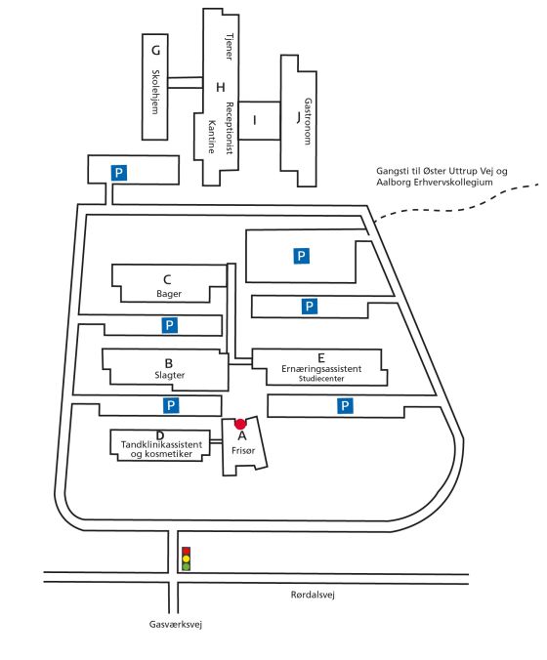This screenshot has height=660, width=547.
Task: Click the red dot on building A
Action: click(240, 424)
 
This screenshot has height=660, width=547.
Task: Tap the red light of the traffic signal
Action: click(187, 551)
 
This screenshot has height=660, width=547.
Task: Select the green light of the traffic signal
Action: click(187, 566)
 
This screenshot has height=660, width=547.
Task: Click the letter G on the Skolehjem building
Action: click(156, 51)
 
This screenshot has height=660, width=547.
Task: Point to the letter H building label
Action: click(220, 87)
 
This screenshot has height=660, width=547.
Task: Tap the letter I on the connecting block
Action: click(254, 120)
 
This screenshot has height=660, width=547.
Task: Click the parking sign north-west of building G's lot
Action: click(119, 173)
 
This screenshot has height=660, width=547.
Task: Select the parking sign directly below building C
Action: click(170, 325)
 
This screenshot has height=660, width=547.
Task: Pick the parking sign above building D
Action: click(171, 405)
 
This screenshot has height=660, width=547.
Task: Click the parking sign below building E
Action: click(345, 406)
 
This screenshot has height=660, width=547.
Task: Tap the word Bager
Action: click(169, 294)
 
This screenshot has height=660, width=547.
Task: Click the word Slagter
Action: click(169, 375)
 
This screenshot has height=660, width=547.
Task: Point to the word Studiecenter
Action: click(321, 379)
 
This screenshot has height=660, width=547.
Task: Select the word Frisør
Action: click(243, 450)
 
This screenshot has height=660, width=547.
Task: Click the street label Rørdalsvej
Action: click(313, 595)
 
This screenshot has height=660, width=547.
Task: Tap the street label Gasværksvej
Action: click(176, 624)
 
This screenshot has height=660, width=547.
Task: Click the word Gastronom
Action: click(308, 122)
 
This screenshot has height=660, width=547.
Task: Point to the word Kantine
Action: click(212, 137)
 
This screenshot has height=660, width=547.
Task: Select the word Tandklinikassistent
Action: click(161, 444)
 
